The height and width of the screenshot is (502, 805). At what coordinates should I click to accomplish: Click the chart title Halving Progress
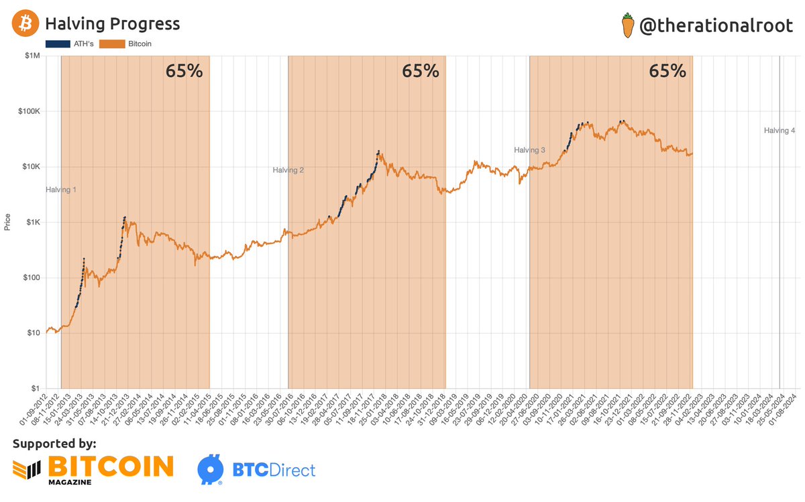click(x=112, y=24)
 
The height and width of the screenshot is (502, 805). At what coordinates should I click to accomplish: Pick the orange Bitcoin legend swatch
click(x=111, y=44)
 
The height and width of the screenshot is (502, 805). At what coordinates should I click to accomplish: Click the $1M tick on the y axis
click(x=32, y=56)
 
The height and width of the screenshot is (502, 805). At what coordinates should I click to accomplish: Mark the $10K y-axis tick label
click(x=30, y=167)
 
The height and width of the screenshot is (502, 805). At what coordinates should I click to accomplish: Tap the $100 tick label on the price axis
click(x=30, y=277)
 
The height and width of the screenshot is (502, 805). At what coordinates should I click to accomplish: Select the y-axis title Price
click(x=7, y=222)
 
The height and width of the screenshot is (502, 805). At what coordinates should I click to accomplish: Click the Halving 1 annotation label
click(x=61, y=190)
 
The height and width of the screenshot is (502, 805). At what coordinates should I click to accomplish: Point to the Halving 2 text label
click(x=288, y=170)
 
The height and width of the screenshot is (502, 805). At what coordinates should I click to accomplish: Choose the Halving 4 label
click(x=779, y=131)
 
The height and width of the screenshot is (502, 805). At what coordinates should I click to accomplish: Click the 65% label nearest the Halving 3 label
click(x=667, y=71)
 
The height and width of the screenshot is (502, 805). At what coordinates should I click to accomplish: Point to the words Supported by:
click(x=54, y=443)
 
